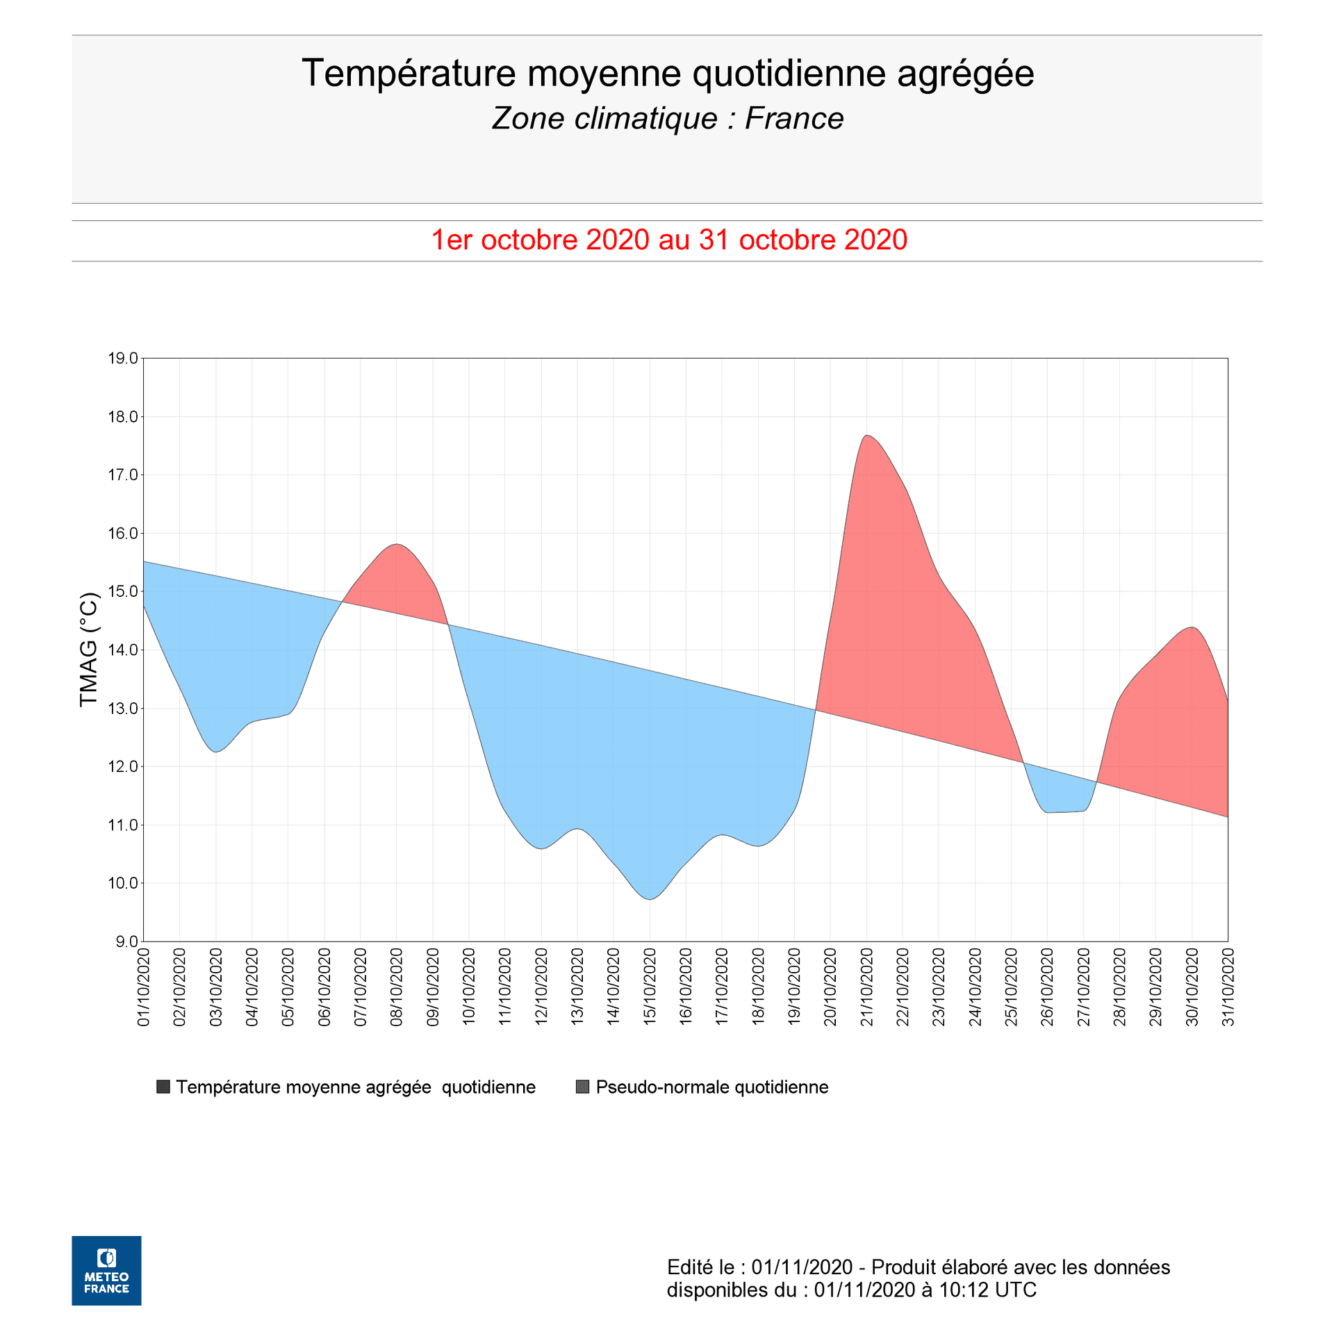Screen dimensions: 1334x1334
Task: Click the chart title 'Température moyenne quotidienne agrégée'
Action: pos(667,74)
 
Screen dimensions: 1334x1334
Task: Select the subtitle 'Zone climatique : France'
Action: pos(667,119)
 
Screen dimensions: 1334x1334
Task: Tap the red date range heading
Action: pos(668,240)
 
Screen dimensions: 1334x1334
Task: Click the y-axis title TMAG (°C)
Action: pos(89,649)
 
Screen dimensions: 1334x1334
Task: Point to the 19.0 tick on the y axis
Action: pos(122,359)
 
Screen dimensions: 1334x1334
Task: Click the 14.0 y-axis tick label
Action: pos(122,650)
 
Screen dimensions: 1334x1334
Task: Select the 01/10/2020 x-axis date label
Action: pos(144,987)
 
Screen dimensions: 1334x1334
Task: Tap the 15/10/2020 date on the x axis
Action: pos(650,987)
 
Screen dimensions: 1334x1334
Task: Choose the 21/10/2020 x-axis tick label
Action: pos(866,987)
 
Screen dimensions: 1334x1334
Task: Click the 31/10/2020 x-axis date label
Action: pos(1228,987)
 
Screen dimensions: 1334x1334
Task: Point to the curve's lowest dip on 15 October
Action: pos(650,899)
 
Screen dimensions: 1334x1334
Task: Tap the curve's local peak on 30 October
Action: pos(1192,627)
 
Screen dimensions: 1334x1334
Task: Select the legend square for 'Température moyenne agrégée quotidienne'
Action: pos(164,1087)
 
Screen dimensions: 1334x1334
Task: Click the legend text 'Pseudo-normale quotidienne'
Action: pos(711,1087)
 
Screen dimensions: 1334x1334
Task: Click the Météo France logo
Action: pos(106,1271)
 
